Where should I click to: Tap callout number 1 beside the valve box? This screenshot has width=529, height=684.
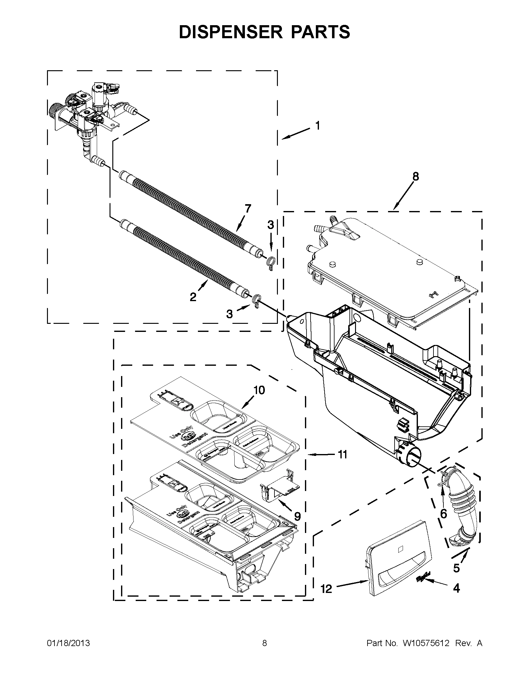[x=318, y=126]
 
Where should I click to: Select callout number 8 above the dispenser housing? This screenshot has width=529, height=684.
[x=415, y=177]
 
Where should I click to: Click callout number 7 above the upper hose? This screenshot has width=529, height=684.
[x=248, y=209]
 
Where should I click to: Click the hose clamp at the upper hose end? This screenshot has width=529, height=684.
[x=271, y=261]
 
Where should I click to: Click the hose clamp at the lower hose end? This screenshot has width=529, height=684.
[x=256, y=301]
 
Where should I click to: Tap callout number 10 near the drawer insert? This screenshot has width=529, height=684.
[x=259, y=390]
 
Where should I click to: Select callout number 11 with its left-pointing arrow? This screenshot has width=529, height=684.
[x=342, y=454]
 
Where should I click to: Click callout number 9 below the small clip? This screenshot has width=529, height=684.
[x=297, y=516]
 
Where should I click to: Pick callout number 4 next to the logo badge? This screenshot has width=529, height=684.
[x=456, y=588]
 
